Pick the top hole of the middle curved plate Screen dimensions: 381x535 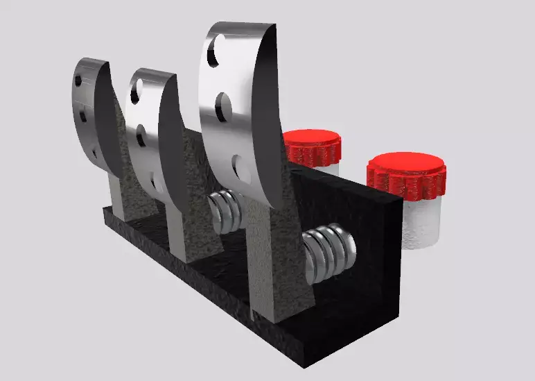point(137,89)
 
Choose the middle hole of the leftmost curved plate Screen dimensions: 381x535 point(82,115)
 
